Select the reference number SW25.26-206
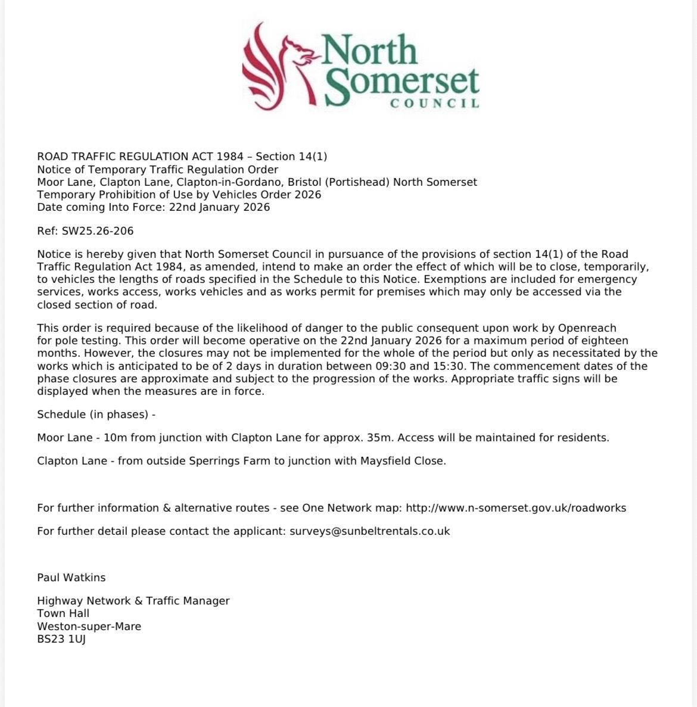[x=97, y=231]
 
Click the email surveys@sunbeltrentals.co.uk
[x=369, y=531]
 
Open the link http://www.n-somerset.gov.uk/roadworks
[x=516, y=508]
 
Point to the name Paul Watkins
[x=71, y=577]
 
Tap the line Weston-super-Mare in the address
[x=89, y=627]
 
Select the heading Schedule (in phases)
[x=95, y=414]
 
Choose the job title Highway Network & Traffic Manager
[x=133, y=600]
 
